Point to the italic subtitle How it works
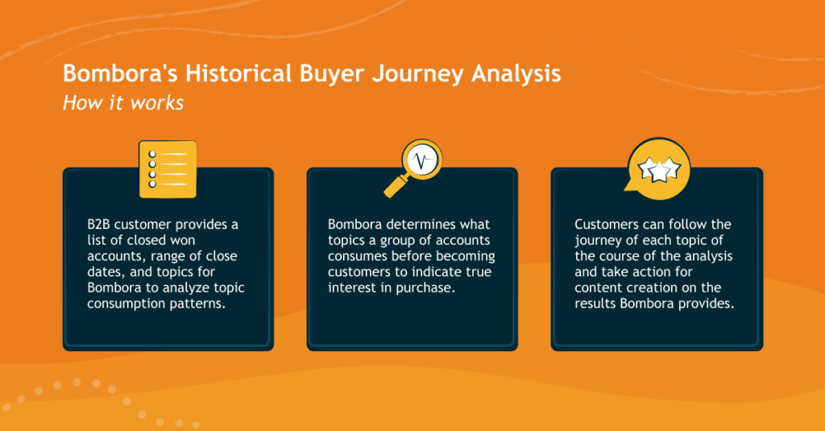123,103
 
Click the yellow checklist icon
168,168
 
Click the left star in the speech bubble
646,168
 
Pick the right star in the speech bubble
669,168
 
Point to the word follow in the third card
692,224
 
